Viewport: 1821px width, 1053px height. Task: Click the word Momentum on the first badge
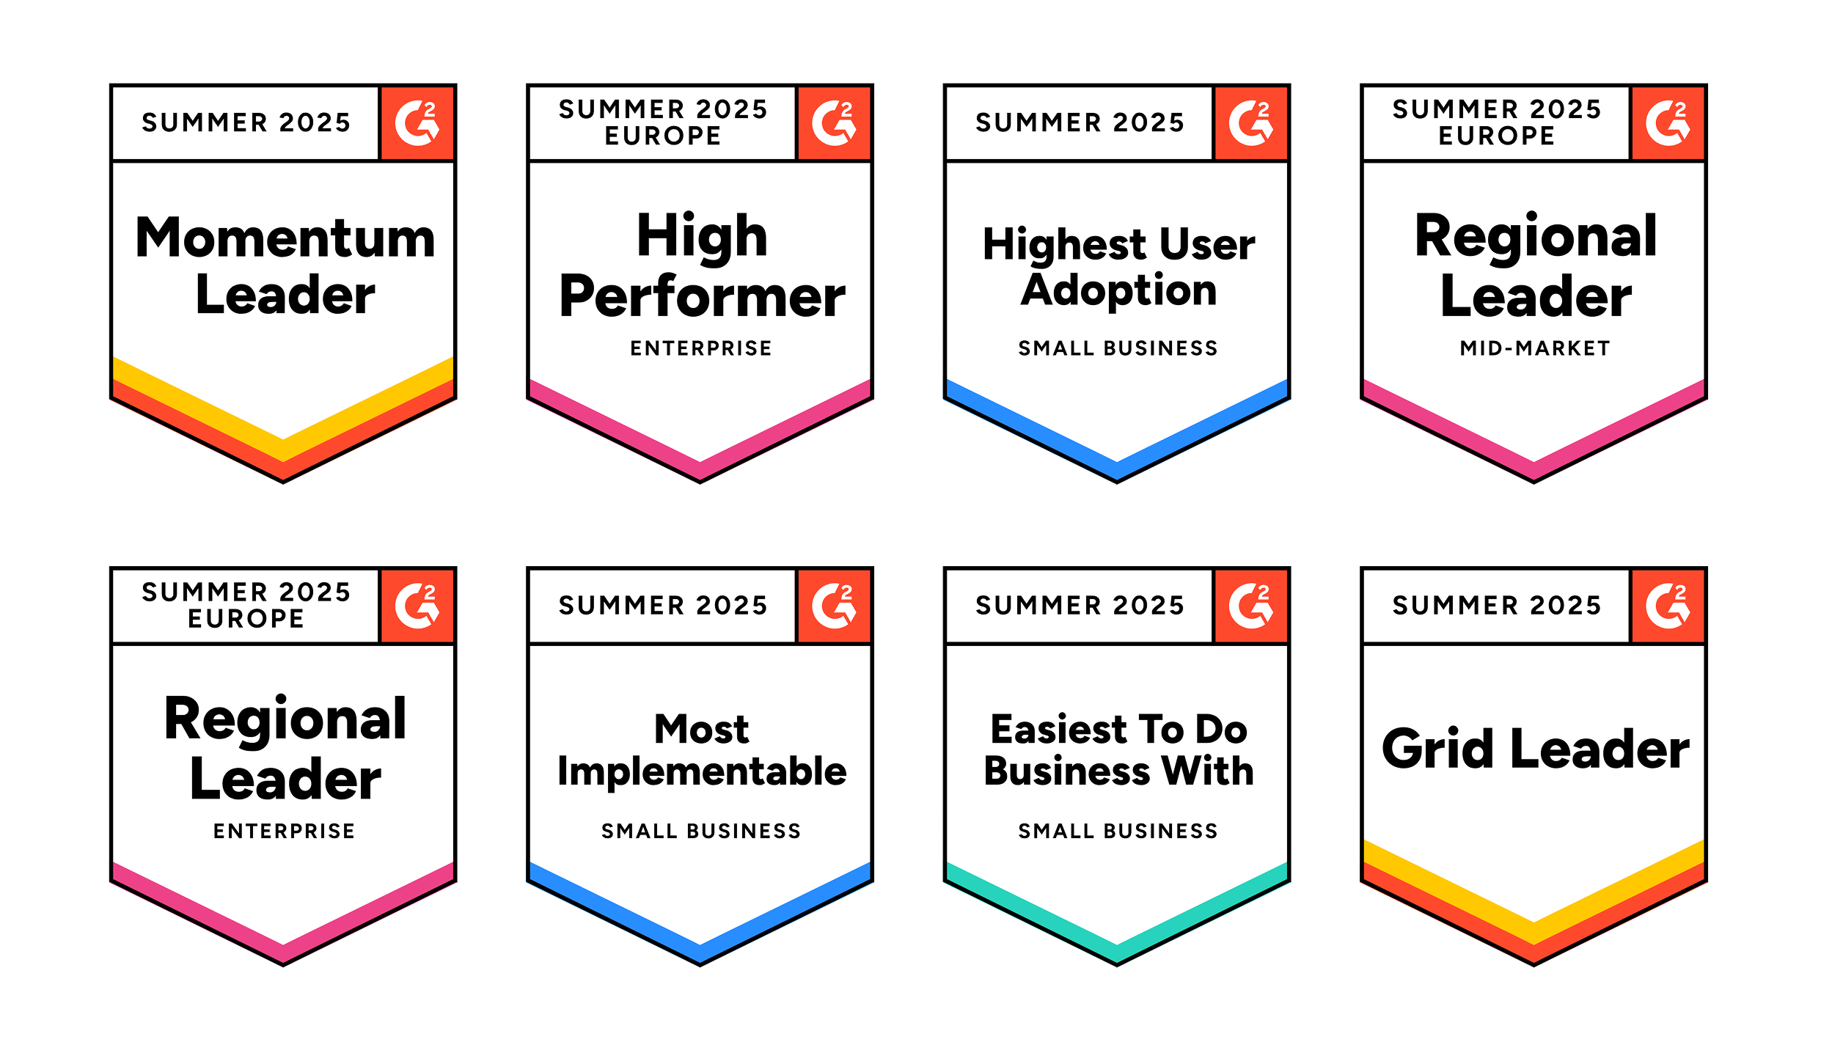(285, 238)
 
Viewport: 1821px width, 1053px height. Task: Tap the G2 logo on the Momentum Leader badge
(417, 122)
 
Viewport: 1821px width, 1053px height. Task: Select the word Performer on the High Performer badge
(702, 298)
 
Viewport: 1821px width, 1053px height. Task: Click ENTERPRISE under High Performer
(701, 348)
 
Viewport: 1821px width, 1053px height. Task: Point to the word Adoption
(1118, 290)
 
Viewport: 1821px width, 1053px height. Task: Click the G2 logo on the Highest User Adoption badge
(1251, 122)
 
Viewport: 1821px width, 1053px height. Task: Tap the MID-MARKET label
(1535, 348)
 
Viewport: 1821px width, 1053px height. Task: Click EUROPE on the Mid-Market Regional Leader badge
(1496, 136)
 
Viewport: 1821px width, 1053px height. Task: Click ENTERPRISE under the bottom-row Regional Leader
(285, 831)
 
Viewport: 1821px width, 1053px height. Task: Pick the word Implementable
(702, 771)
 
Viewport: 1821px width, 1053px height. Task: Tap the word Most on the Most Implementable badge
(702, 729)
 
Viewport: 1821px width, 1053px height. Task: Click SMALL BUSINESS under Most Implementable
(701, 831)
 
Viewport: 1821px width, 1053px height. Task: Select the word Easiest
(1058, 729)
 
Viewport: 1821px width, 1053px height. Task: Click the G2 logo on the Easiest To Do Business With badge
(1251, 606)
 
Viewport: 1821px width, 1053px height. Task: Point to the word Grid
(1437, 749)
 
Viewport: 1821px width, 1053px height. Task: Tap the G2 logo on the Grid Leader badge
(1668, 606)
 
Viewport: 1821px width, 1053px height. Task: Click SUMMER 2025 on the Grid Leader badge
(1496, 606)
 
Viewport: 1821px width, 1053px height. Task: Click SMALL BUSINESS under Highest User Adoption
(1118, 348)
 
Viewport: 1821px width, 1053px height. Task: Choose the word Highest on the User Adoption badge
(1064, 245)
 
